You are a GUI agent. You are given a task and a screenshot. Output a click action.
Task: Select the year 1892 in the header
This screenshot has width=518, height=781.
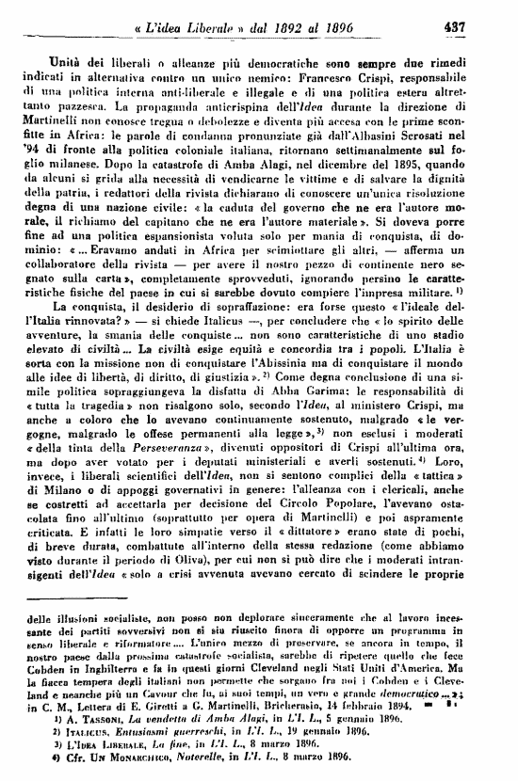click(283, 28)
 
